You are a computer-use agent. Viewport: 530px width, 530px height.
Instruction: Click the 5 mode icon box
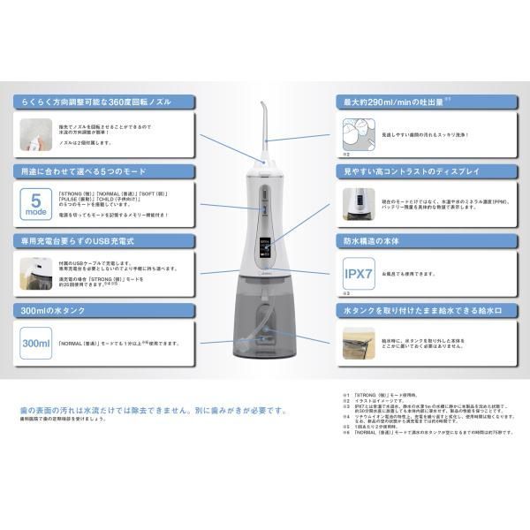pyautogui.click(x=33, y=202)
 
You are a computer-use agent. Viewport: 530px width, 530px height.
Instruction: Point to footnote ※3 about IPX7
pyautogui.click(x=415, y=406)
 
